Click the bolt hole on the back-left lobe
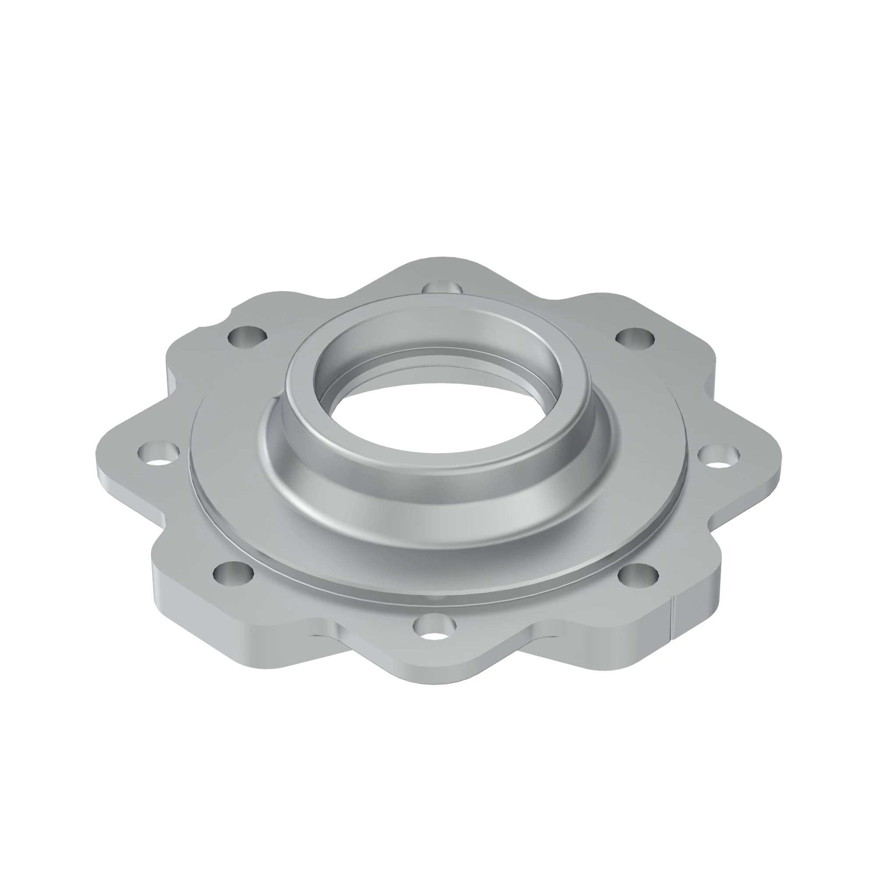tap(247, 336)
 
